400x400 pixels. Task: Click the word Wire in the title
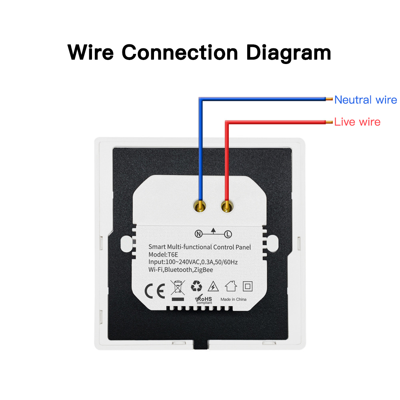point(90,53)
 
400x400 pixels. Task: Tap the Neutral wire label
point(365,100)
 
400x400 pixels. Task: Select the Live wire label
point(357,122)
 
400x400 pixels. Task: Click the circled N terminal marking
point(198,234)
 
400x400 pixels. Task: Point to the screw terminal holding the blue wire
point(200,206)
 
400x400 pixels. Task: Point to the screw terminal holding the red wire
point(227,206)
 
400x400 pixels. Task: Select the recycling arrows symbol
point(196,286)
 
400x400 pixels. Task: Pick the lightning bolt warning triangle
point(213,286)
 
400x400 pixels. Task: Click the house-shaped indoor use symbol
point(231,286)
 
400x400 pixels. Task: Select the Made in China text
point(233,299)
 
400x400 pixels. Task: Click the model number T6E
point(172,254)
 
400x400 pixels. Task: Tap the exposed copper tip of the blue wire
point(329,100)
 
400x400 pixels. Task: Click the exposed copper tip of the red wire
point(329,122)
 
